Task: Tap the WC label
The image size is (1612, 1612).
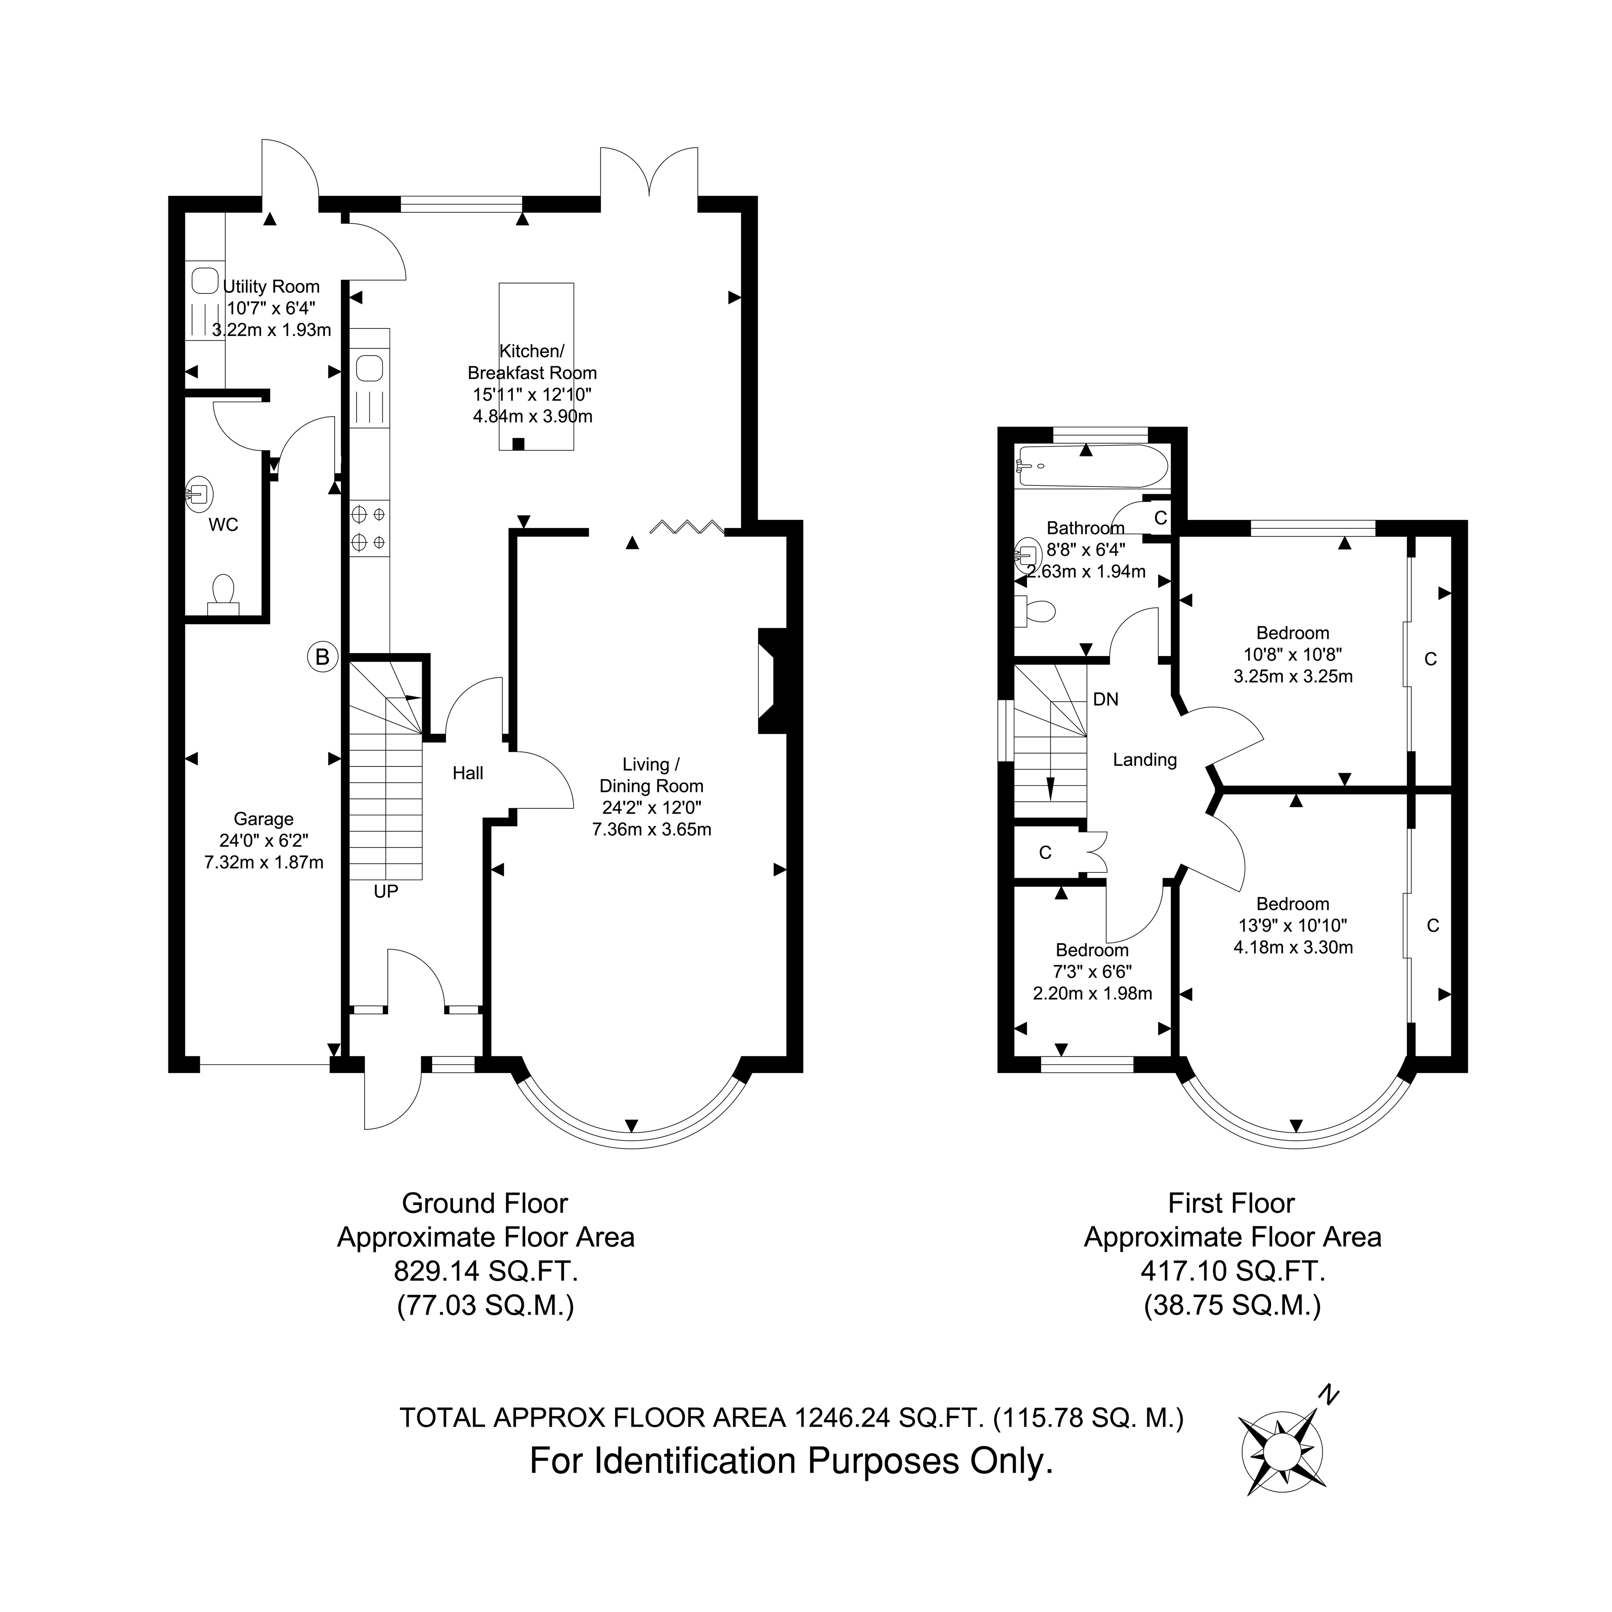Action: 224,525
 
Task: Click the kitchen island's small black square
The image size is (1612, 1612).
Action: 518,444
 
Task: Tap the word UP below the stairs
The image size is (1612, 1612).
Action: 386,892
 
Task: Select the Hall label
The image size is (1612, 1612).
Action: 468,773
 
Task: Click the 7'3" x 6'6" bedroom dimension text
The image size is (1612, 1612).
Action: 1092,972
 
